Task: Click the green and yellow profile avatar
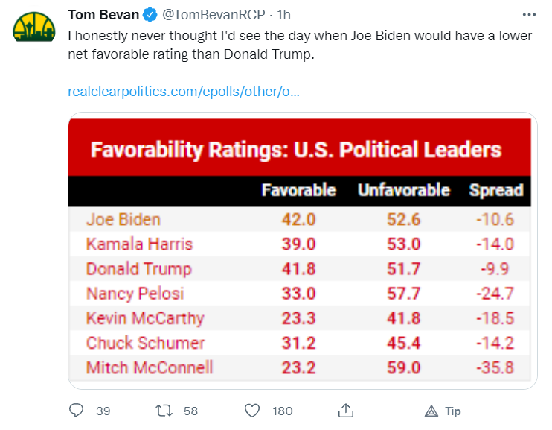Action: click(x=34, y=28)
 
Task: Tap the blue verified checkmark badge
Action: click(x=150, y=15)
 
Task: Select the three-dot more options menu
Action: click(x=529, y=15)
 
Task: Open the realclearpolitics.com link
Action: click(x=184, y=92)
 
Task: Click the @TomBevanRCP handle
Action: click(x=214, y=15)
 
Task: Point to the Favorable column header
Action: click(x=298, y=190)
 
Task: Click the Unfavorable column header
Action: click(x=404, y=190)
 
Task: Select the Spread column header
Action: click(x=496, y=190)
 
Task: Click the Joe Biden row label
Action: click(x=123, y=219)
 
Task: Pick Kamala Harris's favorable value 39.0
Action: click(x=298, y=244)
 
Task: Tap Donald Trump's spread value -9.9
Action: click(x=495, y=269)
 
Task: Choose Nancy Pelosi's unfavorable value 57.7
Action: click(x=404, y=294)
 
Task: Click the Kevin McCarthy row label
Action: click(x=145, y=318)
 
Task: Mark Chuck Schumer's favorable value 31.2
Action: click(x=298, y=343)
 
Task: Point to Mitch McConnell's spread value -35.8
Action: click(x=495, y=367)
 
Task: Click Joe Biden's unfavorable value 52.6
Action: click(x=404, y=219)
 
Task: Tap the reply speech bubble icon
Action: click(x=76, y=411)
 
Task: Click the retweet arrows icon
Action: click(x=164, y=411)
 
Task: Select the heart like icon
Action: click(x=252, y=411)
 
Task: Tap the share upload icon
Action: click(x=346, y=410)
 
